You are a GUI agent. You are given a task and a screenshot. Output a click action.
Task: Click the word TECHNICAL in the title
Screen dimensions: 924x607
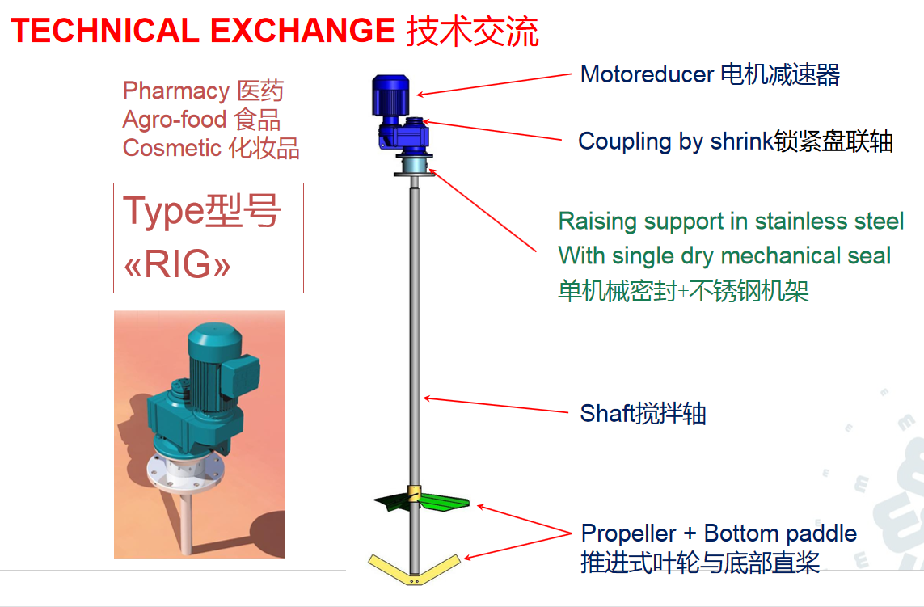pyautogui.click(x=105, y=31)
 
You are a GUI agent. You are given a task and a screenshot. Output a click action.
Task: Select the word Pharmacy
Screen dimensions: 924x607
pyautogui.click(x=176, y=91)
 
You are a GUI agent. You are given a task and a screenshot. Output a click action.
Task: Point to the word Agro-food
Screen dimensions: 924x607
pyautogui.click(x=175, y=120)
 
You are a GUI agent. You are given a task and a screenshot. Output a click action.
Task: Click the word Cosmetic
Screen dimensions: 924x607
pyautogui.click(x=171, y=148)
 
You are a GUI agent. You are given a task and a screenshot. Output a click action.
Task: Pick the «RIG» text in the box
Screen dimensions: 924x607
pyautogui.click(x=177, y=263)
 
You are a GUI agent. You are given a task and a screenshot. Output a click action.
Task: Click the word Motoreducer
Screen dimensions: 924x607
pyautogui.click(x=647, y=74)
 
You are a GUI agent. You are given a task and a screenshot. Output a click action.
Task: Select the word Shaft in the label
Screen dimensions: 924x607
pyautogui.click(x=605, y=413)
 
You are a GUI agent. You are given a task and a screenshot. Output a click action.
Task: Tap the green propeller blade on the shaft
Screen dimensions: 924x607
pyautogui.click(x=422, y=501)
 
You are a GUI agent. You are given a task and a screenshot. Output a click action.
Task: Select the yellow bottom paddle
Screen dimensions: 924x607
pyautogui.click(x=414, y=569)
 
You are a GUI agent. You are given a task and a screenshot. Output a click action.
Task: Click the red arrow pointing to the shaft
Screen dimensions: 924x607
pyautogui.click(x=496, y=405)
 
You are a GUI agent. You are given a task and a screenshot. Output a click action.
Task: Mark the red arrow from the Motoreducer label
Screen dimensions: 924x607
pyautogui.click(x=494, y=84)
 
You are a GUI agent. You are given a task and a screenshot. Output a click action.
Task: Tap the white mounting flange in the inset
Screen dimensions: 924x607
pyautogui.click(x=184, y=472)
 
